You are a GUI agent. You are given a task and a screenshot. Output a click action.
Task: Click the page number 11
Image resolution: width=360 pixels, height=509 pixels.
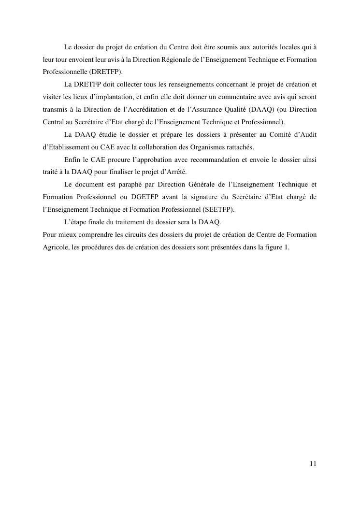pyautogui.click(x=313, y=464)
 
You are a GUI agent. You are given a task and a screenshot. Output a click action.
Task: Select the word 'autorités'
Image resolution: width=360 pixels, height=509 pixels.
pyautogui.click(x=269, y=47)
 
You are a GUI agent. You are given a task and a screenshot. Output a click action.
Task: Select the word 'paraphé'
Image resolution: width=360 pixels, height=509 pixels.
pyautogui.click(x=121, y=184)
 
